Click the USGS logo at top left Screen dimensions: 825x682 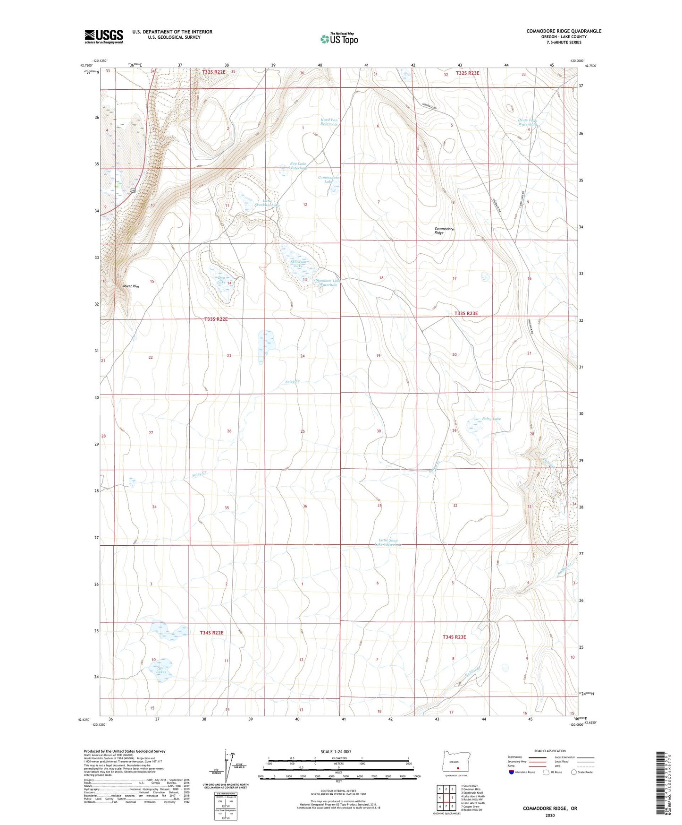pos(103,36)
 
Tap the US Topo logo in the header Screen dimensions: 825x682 pos(338,39)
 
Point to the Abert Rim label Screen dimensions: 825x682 pos(131,286)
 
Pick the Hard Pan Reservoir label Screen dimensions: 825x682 pos(329,122)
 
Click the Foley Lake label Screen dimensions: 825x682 pos(491,419)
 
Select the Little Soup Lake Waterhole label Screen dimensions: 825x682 pos(388,542)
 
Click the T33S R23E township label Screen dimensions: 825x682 pos(466,313)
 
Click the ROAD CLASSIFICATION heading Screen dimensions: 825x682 pos(550,751)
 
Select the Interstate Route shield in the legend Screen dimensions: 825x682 pos(511,772)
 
